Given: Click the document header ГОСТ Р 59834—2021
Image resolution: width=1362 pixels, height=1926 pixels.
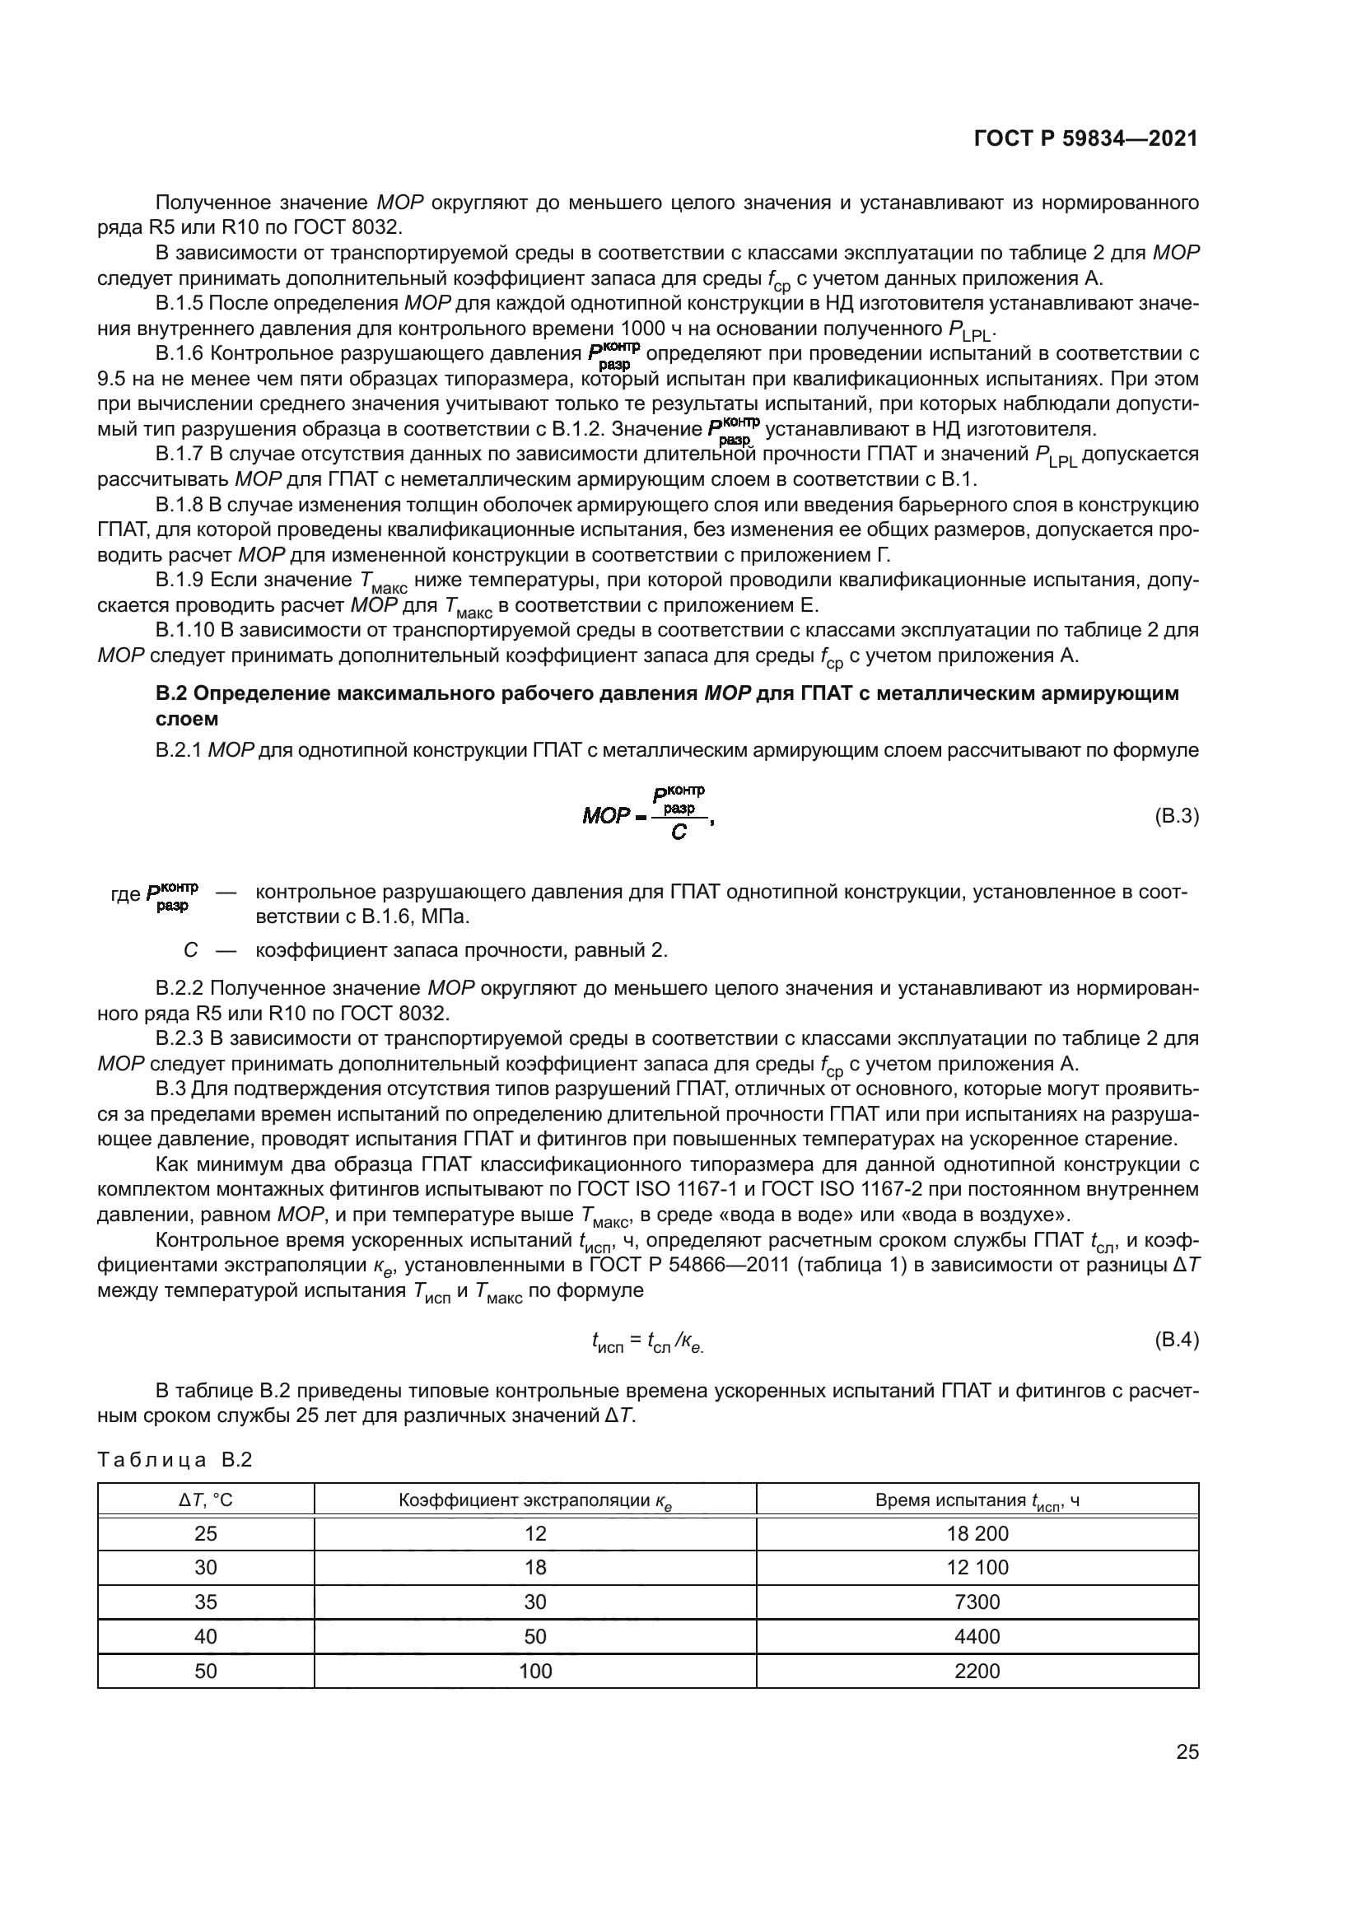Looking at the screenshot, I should tap(1085, 139).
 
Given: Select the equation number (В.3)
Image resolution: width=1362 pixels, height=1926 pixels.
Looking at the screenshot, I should tap(1176, 816).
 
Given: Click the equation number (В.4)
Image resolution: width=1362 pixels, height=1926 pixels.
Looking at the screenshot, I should tap(1176, 1340).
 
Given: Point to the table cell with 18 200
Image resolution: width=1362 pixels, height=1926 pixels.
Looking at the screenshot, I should tap(977, 1533).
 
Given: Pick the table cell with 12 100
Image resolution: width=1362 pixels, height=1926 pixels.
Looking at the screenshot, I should tap(977, 1567).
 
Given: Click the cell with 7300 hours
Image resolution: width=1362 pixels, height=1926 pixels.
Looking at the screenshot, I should tap(977, 1602).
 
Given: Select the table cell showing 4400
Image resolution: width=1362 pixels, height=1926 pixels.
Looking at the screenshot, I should tap(977, 1637).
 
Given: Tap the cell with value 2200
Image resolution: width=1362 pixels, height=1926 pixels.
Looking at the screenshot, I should tap(977, 1671).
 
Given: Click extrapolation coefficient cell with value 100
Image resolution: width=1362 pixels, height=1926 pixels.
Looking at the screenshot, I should tap(535, 1671).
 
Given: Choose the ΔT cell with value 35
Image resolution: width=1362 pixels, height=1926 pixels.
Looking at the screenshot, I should tap(206, 1602).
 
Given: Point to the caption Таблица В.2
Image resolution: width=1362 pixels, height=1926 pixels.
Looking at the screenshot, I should tap(175, 1460).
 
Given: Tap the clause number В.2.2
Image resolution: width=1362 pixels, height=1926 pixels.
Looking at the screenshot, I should tap(180, 988).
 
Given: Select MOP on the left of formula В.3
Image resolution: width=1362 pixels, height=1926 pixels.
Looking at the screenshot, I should tap(605, 816).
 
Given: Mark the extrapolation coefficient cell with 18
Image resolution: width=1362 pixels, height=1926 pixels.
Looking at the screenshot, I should tap(535, 1567).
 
